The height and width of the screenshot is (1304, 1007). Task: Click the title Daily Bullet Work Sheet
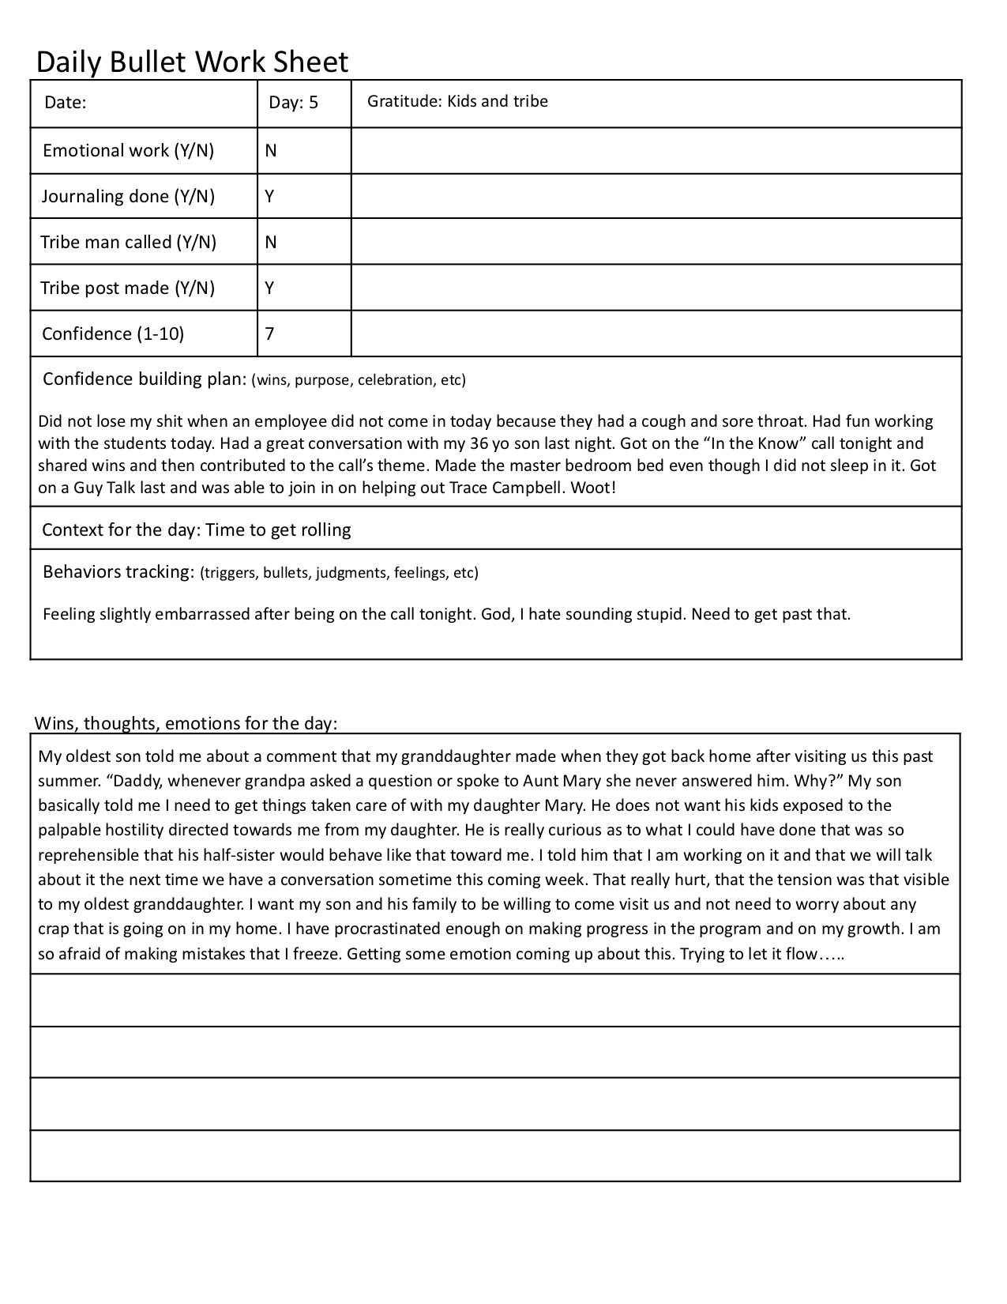pyautogui.click(x=192, y=62)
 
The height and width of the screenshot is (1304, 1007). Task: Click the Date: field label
pyautogui.click(x=65, y=103)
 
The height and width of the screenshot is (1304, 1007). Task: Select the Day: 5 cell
pyautogui.click(x=293, y=103)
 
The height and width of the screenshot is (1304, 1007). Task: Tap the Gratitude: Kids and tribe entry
pyautogui.click(x=457, y=101)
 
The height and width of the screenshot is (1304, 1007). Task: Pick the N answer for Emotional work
pyautogui.click(x=271, y=151)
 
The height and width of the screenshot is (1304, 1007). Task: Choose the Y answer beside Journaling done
pyautogui.click(x=270, y=196)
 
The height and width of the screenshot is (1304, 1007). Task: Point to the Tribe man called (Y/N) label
pyautogui.click(x=129, y=242)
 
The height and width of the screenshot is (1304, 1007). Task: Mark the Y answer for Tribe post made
pyautogui.click(x=270, y=288)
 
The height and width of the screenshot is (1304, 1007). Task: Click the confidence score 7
pyautogui.click(x=270, y=334)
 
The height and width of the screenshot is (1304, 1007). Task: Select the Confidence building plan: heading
pyautogui.click(x=145, y=379)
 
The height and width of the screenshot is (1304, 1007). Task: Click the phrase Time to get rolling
pyautogui.click(x=278, y=530)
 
